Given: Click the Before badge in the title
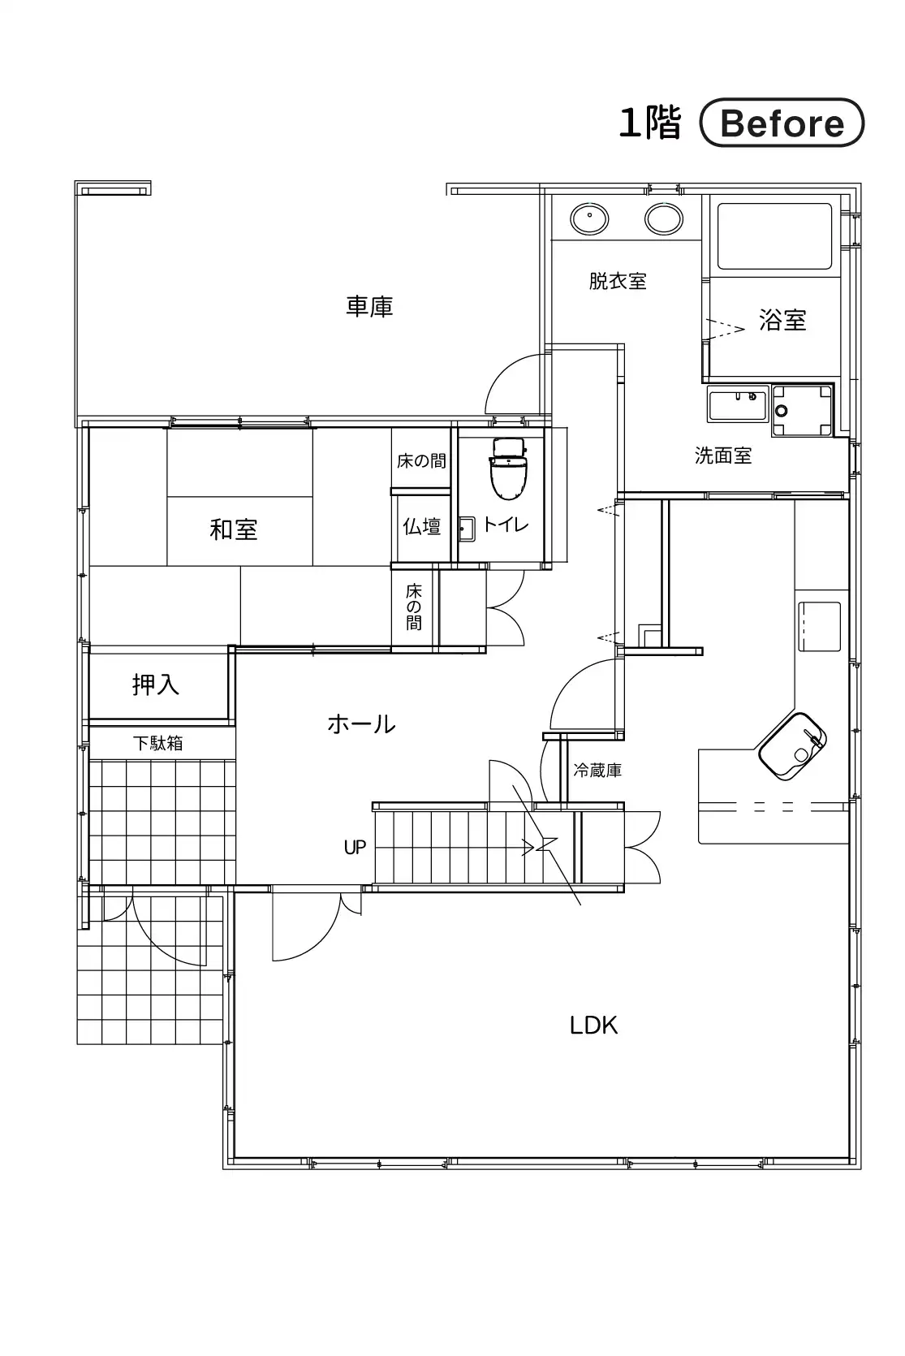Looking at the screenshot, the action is pos(782,123).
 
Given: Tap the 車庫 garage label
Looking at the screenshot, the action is pos(369,306).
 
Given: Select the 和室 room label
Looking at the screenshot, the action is pos(234,529).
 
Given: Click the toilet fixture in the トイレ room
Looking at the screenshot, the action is pos(509,468).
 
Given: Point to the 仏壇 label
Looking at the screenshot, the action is pos(421,527).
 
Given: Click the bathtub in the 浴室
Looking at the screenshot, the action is pos(774,236).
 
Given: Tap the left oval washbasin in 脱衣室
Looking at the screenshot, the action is pos(589,218).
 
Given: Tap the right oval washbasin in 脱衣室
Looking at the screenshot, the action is pos(664,218).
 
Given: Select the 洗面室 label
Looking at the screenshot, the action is pos(723,456).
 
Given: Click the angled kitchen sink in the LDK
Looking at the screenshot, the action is pos(792,745).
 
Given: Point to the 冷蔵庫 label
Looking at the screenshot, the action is pos(597,770).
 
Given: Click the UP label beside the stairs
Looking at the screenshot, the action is pos(356,848).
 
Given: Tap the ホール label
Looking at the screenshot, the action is pos(361,724).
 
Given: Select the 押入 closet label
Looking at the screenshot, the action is pos(156,684).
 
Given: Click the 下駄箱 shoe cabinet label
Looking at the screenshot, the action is pos(157,743).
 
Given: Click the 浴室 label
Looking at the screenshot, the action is pos(782,320).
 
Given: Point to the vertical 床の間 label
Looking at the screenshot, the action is pos(414,607).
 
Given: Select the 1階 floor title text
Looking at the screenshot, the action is pos(649,123).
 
